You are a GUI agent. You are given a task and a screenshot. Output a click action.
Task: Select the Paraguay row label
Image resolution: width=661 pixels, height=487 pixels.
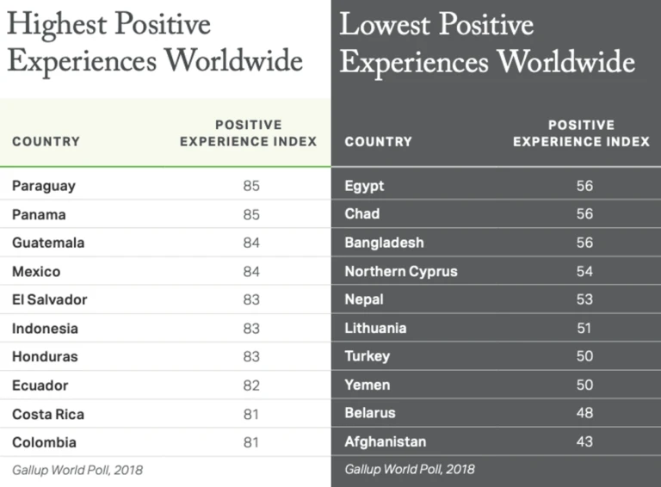pos(44,186)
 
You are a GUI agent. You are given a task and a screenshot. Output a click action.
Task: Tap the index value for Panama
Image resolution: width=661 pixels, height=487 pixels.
pos(250,214)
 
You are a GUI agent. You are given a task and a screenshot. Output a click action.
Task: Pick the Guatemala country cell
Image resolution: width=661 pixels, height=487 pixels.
pos(48,243)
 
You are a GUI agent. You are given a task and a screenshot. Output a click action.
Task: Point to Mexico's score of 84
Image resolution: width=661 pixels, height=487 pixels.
pos(250,272)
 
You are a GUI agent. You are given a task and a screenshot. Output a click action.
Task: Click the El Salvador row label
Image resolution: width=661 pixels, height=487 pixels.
pos(50,300)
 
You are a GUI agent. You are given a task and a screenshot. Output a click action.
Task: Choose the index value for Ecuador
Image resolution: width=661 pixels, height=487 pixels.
pos(250,385)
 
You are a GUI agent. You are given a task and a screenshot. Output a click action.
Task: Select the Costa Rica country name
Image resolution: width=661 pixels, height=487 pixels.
pos(48,414)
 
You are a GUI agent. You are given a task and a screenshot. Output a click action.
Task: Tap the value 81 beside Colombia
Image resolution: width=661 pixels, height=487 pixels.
pos(250,442)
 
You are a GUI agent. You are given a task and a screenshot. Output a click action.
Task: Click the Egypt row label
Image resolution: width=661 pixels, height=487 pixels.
pos(364,186)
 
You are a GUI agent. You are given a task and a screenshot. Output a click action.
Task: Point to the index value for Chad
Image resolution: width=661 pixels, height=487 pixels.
pos(584,213)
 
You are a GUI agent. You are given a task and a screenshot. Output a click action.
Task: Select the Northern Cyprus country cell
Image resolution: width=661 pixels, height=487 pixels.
pos(401,271)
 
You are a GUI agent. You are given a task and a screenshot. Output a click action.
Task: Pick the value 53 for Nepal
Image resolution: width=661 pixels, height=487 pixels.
pos(584,299)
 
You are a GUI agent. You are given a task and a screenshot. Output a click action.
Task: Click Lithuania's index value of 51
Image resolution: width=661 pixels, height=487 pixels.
pos(584,328)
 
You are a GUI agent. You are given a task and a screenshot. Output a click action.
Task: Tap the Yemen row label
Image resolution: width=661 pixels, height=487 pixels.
pos(368,385)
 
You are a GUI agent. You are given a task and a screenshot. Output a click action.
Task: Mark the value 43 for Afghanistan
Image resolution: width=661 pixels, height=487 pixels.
pos(584,441)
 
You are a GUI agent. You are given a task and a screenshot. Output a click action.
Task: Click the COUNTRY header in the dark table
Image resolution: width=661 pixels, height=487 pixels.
pos(379,141)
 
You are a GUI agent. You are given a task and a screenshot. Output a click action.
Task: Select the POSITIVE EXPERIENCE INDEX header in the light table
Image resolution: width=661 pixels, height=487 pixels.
pos(248,133)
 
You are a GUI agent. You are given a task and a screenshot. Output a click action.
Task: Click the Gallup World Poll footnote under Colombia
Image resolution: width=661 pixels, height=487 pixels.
pos(77,470)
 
